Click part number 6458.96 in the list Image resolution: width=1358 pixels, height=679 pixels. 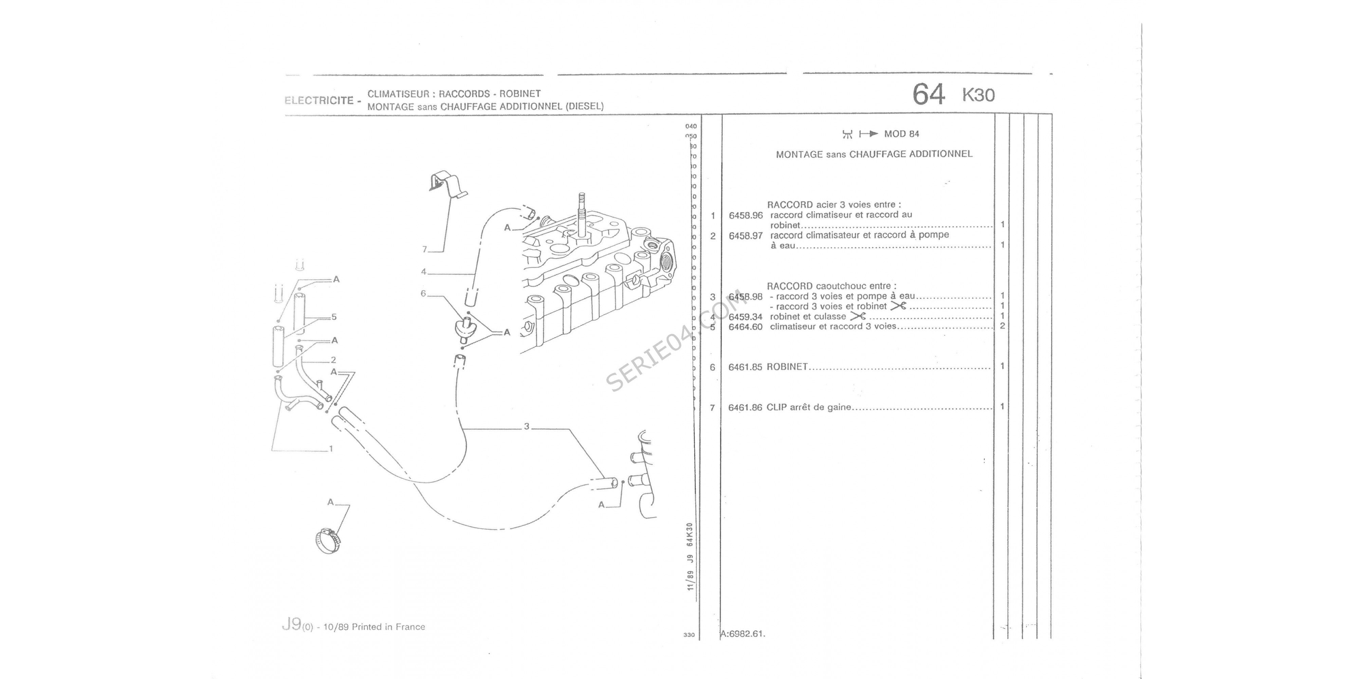pos(746,216)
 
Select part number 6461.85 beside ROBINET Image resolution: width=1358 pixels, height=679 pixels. pos(745,367)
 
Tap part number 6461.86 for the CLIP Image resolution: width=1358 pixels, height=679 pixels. pos(745,407)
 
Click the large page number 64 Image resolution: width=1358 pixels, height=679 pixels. pos(928,95)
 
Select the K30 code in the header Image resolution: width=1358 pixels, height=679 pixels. pos(978,95)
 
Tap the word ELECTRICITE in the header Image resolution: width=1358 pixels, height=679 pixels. pos(319,100)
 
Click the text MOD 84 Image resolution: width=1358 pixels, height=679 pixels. pos(901,134)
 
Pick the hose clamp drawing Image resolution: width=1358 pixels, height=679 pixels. pos(327,541)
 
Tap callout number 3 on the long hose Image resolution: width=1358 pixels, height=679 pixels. pos(526,426)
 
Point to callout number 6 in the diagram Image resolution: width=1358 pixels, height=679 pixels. pos(423,294)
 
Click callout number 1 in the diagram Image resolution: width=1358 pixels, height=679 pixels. pos(331,448)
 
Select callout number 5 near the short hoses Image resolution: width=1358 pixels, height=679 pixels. pos(334,317)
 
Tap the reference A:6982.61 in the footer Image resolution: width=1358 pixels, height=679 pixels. pos(743,634)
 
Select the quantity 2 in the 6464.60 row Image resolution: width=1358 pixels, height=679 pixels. pos(1002,326)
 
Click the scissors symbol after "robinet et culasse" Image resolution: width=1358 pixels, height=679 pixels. pos(858,316)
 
